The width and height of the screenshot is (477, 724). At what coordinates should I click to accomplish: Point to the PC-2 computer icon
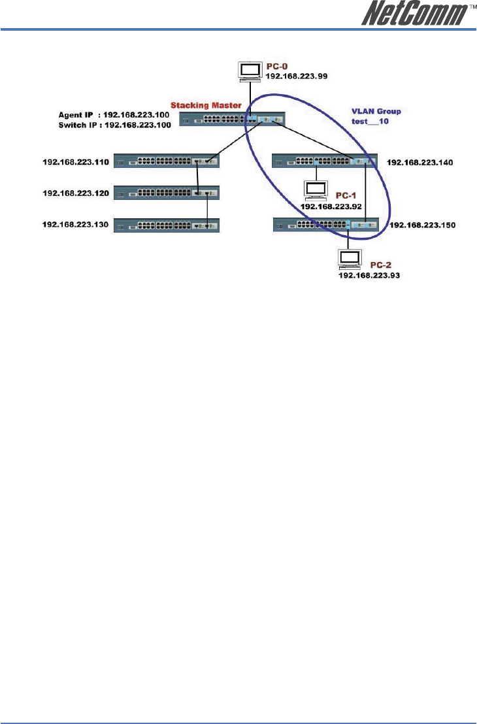pyautogui.click(x=348, y=259)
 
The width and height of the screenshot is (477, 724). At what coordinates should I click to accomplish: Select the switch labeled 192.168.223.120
pyautogui.click(x=167, y=193)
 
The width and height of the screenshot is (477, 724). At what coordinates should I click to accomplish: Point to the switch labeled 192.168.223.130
pyautogui.click(x=167, y=225)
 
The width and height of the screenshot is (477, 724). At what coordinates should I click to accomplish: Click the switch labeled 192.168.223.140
pyautogui.click(x=325, y=160)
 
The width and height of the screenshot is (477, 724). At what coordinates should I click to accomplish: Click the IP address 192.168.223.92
pyautogui.click(x=331, y=206)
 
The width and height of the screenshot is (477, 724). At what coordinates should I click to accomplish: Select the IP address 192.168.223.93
pyautogui.click(x=369, y=276)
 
